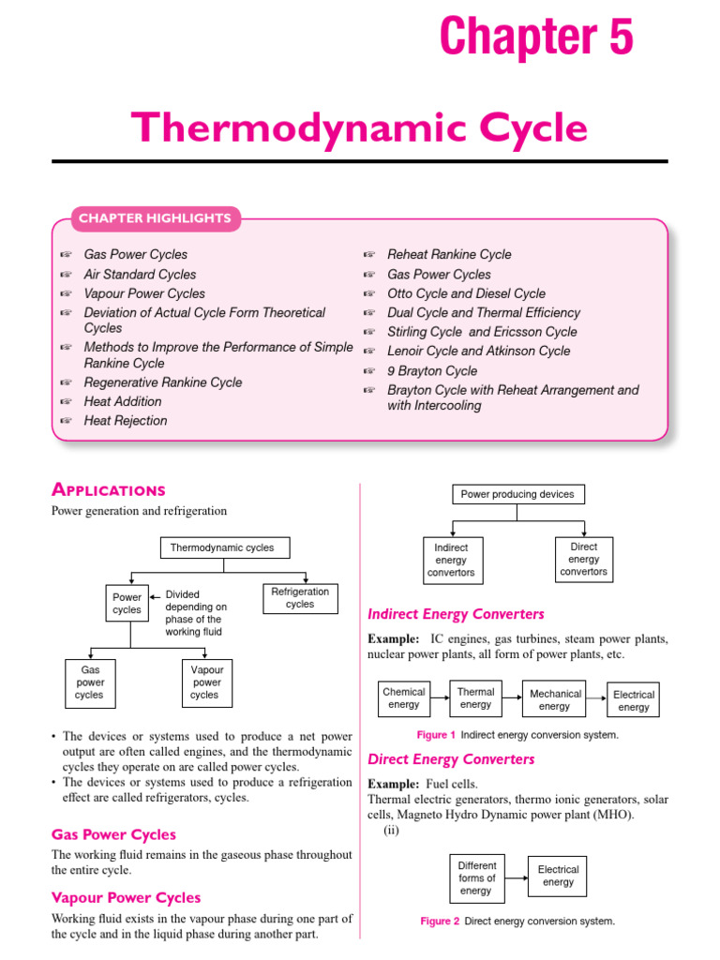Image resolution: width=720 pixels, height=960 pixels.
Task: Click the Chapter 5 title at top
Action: [536, 37]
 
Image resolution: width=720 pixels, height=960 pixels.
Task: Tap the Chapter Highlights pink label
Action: [155, 218]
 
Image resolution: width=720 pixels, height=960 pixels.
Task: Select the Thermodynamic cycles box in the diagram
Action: [222, 547]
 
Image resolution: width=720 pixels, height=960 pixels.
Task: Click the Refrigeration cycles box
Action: [300, 598]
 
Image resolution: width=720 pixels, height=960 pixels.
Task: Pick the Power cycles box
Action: [127, 603]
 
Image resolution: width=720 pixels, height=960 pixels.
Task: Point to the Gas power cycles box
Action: [90, 682]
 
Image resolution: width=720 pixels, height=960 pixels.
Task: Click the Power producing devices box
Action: [517, 494]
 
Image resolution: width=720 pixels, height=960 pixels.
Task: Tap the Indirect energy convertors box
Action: [451, 560]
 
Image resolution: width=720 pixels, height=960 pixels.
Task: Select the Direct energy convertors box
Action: [583, 559]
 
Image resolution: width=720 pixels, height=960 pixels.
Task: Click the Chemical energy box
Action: [404, 698]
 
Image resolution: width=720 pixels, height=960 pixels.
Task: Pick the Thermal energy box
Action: [475, 697]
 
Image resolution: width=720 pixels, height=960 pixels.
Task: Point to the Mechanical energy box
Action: [554, 699]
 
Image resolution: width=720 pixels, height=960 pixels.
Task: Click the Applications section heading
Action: [109, 489]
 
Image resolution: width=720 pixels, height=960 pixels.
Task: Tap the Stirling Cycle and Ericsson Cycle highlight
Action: [482, 332]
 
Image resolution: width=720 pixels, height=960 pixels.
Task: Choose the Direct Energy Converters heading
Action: [451, 758]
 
